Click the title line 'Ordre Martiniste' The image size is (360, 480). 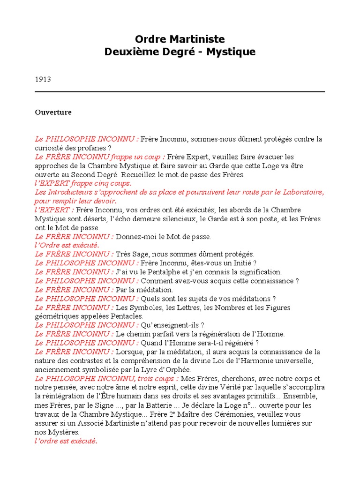pyautogui.click(x=180, y=39)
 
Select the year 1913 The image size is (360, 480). pyautogui.click(x=43, y=79)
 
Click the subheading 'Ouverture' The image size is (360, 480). pyautogui.click(x=53, y=112)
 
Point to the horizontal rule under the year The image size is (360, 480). pyautogui.click(x=180, y=92)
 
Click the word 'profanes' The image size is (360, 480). pyautogui.click(x=87, y=148)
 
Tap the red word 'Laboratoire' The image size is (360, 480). pyautogui.click(x=300, y=192)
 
